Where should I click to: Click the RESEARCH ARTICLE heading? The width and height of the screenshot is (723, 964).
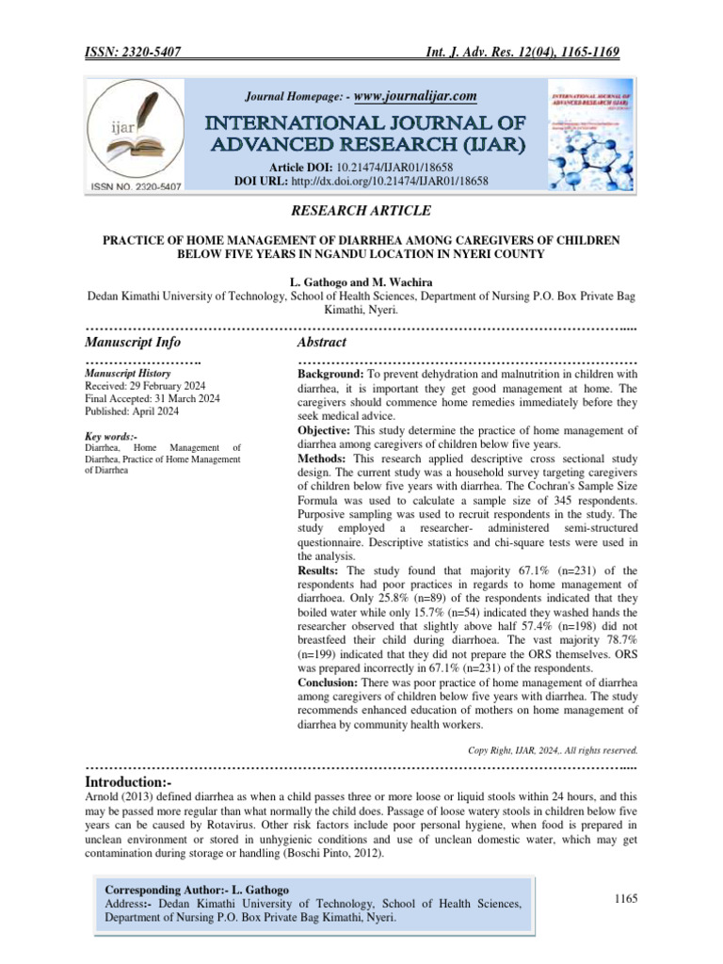361,211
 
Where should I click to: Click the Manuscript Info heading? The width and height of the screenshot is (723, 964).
133,342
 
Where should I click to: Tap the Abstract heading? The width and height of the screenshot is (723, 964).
322,342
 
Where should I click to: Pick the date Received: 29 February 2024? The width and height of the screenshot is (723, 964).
153,387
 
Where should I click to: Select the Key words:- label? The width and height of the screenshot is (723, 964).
111,436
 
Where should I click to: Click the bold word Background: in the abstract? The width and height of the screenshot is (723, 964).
329,375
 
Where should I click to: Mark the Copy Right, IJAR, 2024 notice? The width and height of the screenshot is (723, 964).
553,750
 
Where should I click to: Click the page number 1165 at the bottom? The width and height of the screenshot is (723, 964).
626,900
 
